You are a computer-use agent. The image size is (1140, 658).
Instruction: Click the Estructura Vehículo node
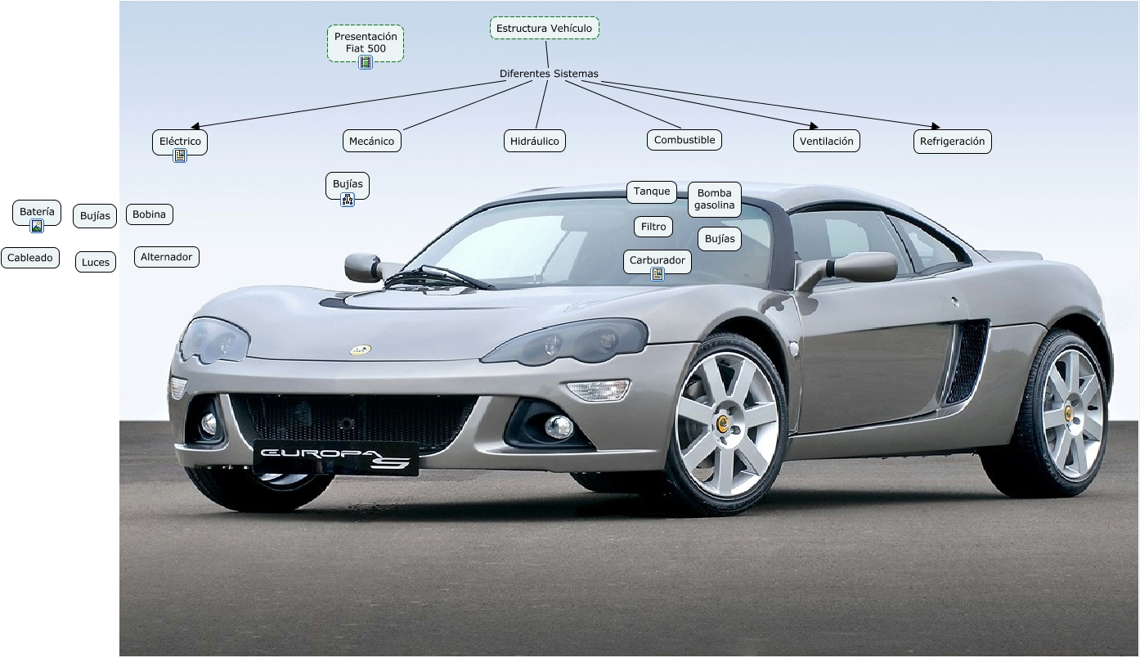(x=544, y=29)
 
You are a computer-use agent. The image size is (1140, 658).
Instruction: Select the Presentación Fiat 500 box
(x=366, y=42)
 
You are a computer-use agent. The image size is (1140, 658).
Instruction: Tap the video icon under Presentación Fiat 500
(x=366, y=62)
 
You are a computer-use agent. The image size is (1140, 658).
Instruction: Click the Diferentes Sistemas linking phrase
(x=549, y=74)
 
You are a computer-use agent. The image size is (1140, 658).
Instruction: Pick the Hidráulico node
(x=535, y=142)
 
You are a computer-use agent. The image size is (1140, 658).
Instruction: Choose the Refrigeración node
(x=952, y=142)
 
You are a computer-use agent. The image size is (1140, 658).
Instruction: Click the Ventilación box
(x=826, y=142)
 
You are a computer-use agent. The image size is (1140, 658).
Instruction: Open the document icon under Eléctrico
(x=180, y=155)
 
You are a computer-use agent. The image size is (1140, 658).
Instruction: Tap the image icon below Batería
(x=37, y=227)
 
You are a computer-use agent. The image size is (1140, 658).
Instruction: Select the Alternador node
(x=166, y=257)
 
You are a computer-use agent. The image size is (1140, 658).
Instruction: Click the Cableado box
(x=30, y=258)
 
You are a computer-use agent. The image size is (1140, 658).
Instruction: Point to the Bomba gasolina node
(x=715, y=199)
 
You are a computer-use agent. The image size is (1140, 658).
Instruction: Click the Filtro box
(x=653, y=227)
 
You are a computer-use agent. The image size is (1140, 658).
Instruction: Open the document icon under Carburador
(x=658, y=274)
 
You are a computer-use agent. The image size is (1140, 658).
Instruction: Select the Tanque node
(x=652, y=192)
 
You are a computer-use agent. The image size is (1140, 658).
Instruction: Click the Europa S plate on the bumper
(x=335, y=457)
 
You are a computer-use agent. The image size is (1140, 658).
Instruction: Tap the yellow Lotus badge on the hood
(x=360, y=350)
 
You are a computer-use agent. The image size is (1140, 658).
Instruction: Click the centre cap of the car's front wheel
(x=722, y=422)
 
